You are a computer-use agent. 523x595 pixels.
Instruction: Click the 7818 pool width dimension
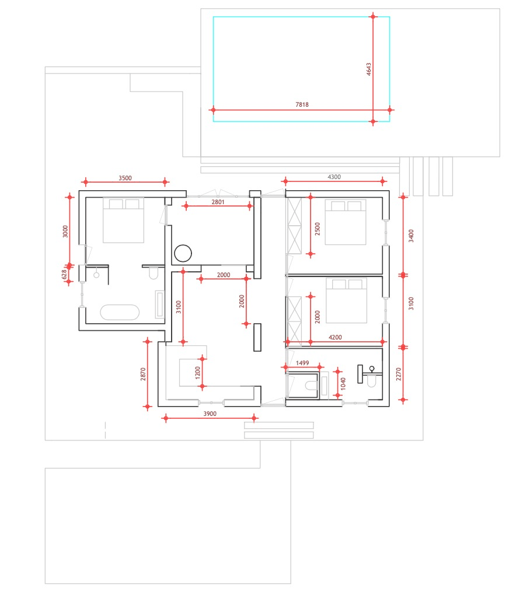coord(302,104)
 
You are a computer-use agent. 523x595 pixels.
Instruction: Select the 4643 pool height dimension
coord(368,69)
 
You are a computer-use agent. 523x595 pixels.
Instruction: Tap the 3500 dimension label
coord(125,178)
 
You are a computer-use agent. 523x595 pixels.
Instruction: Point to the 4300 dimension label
coord(334,177)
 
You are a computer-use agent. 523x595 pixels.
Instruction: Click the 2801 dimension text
coord(218,202)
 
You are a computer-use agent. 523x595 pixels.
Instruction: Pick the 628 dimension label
coord(65,274)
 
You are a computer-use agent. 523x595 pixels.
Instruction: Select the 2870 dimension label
coord(143,374)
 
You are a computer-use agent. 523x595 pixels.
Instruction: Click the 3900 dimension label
coord(210,414)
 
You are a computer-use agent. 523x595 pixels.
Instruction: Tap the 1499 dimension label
coord(302,363)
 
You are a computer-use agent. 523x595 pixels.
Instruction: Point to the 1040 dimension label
coord(343,384)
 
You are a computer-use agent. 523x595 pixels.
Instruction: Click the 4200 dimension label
coord(335,337)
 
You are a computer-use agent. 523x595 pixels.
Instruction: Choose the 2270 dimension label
coord(399,374)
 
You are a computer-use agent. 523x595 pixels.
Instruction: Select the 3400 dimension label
coord(410,236)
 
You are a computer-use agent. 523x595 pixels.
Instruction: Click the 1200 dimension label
coord(197,373)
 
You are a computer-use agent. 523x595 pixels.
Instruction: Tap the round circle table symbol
coord(183,253)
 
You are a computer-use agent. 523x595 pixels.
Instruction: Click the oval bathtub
coord(120,312)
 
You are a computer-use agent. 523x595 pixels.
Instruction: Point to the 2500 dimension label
coord(318,229)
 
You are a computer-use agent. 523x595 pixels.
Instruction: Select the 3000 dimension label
coord(65,232)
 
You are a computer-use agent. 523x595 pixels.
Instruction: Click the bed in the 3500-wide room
coord(123,220)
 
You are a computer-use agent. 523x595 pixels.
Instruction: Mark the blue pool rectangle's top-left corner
coord(214,17)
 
